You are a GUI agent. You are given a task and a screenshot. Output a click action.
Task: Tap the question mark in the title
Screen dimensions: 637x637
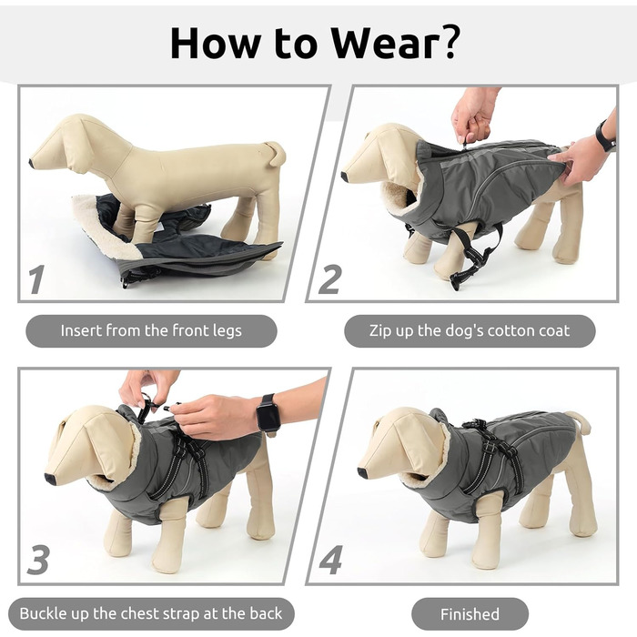click(x=448, y=41)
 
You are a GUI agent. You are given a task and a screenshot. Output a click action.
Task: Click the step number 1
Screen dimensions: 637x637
click(x=36, y=279)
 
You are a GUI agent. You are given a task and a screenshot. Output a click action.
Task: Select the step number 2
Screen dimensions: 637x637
click(x=329, y=279)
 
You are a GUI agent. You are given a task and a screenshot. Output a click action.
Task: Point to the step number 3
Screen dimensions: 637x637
click(x=38, y=561)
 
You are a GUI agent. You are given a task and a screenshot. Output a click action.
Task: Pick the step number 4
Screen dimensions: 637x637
click(x=330, y=561)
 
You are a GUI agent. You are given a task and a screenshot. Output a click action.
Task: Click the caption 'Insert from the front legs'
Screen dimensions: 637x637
click(x=151, y=330)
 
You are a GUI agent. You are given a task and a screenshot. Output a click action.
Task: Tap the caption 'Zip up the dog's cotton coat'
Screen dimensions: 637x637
click(x=470, y=330)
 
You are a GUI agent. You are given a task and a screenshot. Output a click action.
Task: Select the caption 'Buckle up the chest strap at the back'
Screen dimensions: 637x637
click(x=151, y=613)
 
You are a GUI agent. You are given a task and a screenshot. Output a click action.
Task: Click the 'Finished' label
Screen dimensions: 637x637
click(x=470, y=614)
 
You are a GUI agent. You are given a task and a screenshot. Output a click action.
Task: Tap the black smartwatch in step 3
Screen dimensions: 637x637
click(x=268, y=413)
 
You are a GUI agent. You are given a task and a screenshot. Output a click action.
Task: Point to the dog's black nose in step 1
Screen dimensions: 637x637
click(x=32, y=163)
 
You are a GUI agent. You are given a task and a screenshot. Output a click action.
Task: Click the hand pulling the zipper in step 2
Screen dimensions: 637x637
click(x=474, y=114)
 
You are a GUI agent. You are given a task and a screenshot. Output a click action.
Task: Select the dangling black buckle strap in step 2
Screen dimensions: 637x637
click(x=476, y=256)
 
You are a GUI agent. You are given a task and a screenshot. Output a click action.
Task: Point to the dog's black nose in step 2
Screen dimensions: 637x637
click(x=345, y=177)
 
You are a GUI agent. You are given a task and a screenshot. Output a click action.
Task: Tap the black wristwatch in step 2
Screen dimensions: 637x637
click(x=606, y=136)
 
